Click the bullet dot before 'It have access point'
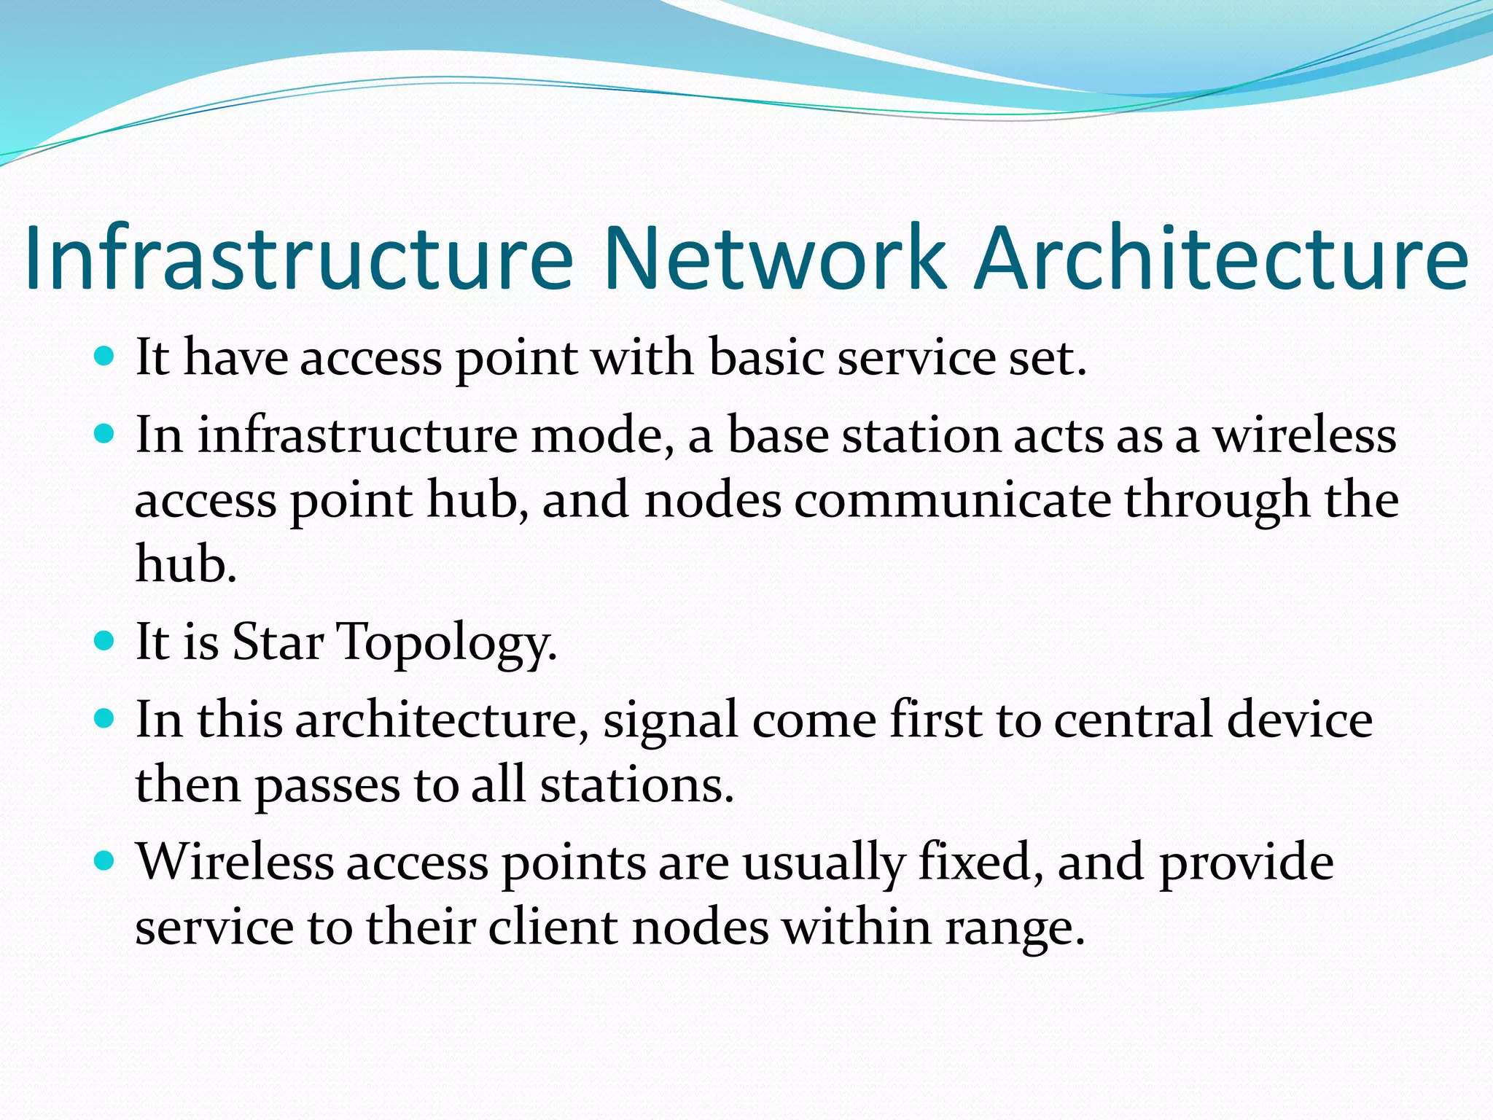click(x=105, y=357)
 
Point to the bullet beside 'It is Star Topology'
click(x=105, y=641)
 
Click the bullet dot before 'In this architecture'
click(x=105, y=719)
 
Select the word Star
click(x=278, y=642)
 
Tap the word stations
click(x=636, y=785)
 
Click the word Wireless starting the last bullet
click(x=235, y=863)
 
